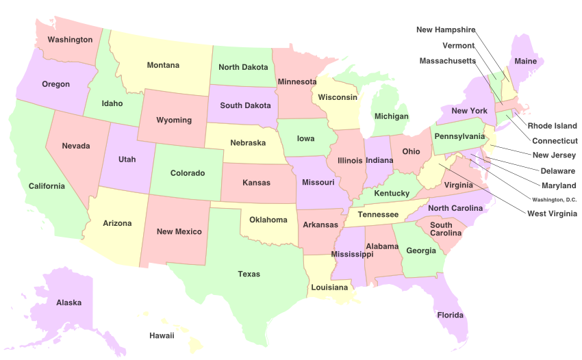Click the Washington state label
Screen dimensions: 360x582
(70, 40)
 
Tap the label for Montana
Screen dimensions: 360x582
(163, 66)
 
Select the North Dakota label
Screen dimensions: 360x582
(243, 67)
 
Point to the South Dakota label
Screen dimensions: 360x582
(245, 105)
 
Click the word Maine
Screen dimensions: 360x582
(525, 61)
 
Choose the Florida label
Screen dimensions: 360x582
(450, 316)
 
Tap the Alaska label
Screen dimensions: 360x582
(68, 303)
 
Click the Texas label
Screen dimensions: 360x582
(249, 274)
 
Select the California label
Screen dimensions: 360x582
(47, 186)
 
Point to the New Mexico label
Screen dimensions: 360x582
(179, 231)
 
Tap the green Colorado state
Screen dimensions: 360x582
(187, 174)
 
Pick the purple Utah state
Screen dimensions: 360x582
(127, 159)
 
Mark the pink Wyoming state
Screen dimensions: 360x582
(174, 120)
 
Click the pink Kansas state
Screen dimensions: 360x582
(256, 183)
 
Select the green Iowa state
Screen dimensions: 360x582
(305, 139)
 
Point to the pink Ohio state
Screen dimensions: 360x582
(411, 152)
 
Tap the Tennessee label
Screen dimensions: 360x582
(378, 214)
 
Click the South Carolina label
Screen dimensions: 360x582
(445, 229)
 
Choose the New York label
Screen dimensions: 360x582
(469, 111)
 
